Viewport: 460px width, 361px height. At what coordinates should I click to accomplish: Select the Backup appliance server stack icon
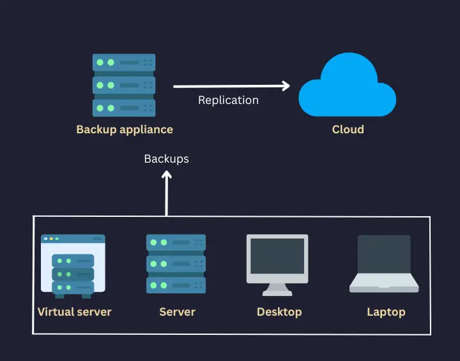coord(124,85)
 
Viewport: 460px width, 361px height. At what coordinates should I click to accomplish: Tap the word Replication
coord(228,100)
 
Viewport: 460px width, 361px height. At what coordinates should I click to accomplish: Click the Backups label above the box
coord(166,159)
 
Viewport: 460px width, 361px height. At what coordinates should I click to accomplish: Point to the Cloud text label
coord(348,129)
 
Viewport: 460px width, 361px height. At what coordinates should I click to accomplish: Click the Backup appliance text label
coord(125,129)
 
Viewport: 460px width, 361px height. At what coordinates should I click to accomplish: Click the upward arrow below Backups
coord(166,191)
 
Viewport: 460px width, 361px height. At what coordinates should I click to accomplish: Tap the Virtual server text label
coord(75,312)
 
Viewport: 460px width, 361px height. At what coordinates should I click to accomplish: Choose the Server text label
coord(177,312)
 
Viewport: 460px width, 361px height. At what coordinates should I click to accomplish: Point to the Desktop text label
coord(279,312)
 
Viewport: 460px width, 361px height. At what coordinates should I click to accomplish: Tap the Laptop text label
coord(386,312)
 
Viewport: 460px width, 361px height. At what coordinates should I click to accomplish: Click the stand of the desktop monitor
coord(277,288)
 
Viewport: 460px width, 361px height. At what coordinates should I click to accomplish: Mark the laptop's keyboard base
coord(384,286)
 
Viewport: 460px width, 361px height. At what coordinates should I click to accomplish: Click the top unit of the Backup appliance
coord(124,63)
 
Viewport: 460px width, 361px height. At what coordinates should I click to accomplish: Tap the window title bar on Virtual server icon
coord(72,239)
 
